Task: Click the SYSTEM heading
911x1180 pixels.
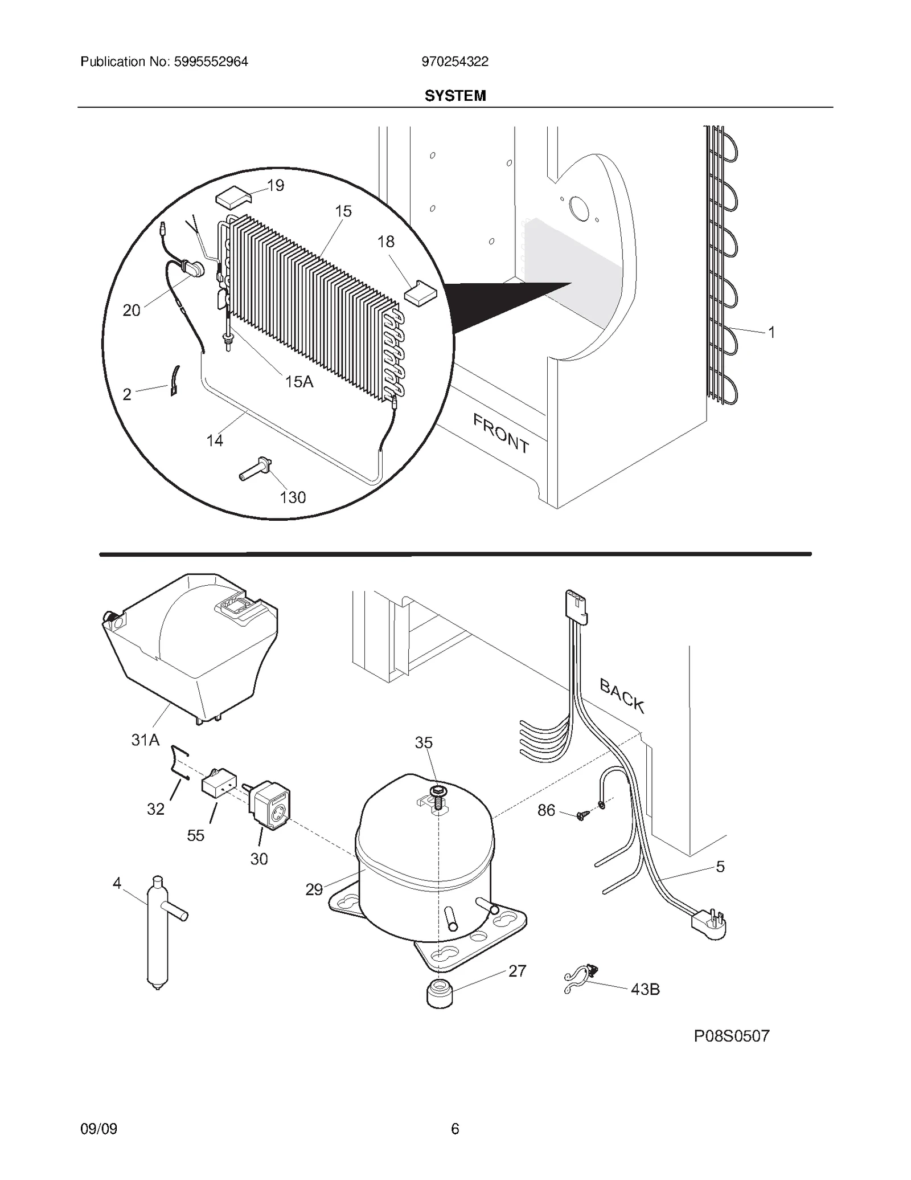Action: [x=455, y=96]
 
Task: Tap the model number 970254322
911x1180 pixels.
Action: [x=455, y=62]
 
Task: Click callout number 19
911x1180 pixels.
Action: [x=276, y=186]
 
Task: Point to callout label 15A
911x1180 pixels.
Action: [x=299, y=382]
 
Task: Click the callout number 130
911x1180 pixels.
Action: [x=293, y=497]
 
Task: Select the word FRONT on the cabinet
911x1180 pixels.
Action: [x=501, y=433]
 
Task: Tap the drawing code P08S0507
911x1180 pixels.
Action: [x=731, y=1036]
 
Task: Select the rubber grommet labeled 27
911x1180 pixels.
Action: [x=440, y=993]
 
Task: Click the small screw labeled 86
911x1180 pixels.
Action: [x=580, y=816]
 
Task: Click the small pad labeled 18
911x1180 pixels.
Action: [x=420, y=293]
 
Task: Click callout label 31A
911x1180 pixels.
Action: [x=145, y=740]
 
